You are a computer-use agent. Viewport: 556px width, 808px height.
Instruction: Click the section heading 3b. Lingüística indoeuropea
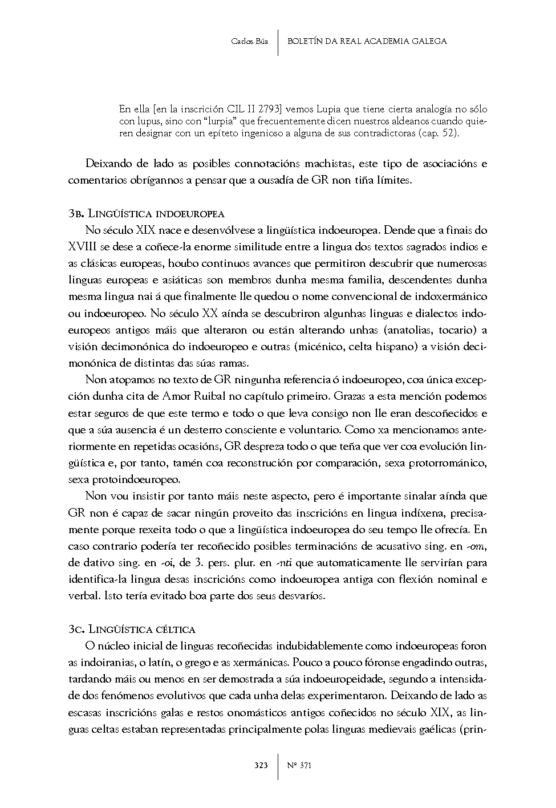coord(146,214)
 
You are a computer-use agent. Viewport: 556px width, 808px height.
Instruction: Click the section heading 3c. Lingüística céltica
coord(132,630)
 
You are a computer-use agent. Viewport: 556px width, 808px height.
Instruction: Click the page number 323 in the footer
coord(261,765)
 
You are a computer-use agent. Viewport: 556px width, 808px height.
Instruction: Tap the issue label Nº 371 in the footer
coord(299,765)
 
